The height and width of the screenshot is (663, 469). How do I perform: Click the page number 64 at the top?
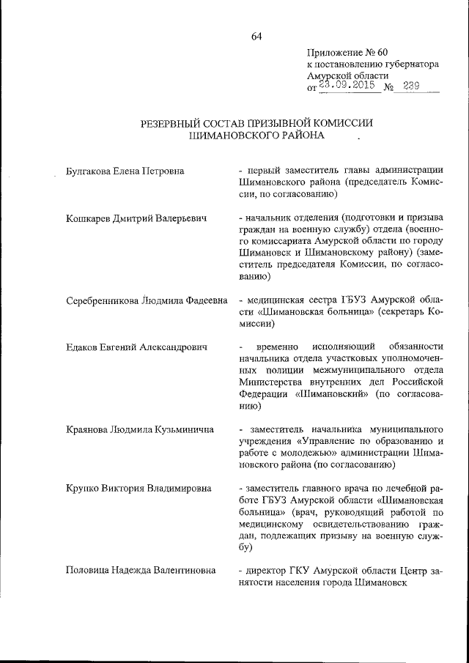tap(256, 37)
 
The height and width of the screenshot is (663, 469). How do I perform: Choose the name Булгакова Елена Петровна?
tap(124, 171)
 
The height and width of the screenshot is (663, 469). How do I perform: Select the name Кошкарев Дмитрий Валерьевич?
tap(133, 218)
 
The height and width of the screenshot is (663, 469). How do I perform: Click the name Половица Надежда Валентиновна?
tap(139, 570)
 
